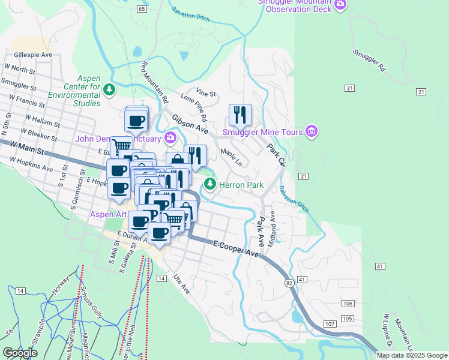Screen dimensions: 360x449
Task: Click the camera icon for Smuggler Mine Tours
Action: [311, 131]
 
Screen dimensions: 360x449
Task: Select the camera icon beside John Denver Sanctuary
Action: [171, 139]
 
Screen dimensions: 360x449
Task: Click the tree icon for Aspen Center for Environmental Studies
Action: [109, 90]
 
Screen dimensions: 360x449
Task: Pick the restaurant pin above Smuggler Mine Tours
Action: [240, 114]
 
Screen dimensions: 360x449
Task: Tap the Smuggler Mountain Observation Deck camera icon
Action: [340, 5]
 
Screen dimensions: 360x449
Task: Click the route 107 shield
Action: [330, 324]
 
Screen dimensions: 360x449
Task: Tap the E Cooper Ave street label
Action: [237, 249]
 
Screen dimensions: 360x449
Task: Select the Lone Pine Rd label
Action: [194, 106]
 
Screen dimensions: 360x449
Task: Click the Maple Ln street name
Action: [231, 158]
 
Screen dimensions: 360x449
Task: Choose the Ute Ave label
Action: [181, 284]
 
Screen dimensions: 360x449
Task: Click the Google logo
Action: [20, 352]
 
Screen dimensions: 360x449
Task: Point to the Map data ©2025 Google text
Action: [411, 355]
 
